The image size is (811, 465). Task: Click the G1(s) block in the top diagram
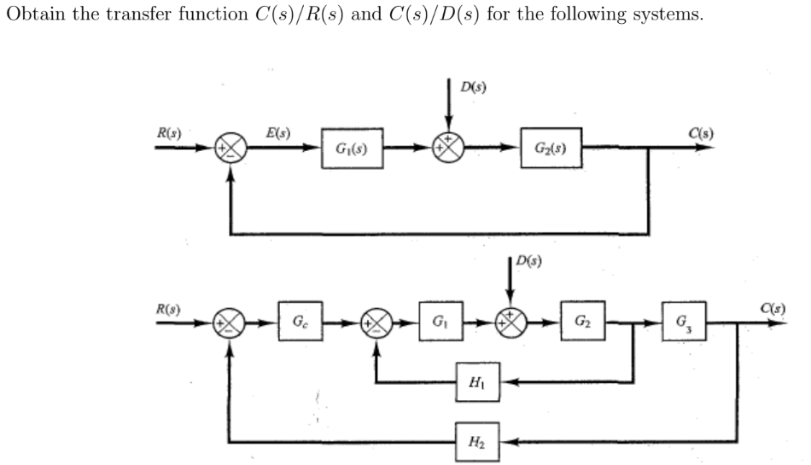point(352,153)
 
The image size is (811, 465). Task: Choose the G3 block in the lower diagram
point(684,324)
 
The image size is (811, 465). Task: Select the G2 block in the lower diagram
point(583,324)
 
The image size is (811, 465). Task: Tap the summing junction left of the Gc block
point(230,325)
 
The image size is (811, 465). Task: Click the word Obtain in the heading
point(32,15)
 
